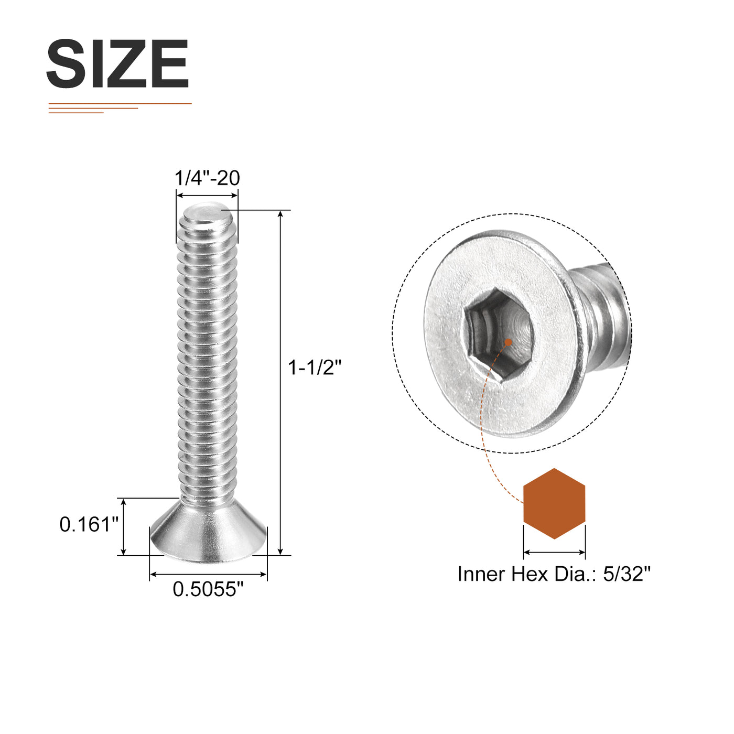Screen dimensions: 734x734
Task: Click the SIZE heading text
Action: tap(117, 63)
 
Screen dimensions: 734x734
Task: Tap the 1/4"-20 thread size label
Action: tap(207, 178)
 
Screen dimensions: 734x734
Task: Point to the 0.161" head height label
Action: tap(89, 524)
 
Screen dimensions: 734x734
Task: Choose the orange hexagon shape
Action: tap(554, 503)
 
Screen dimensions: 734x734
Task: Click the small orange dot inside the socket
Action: tap(508, 342)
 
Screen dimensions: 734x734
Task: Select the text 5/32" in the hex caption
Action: tap(627, 574)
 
